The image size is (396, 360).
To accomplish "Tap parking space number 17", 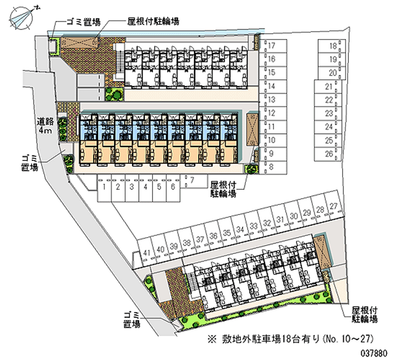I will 271,46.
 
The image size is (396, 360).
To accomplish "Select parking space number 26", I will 328,154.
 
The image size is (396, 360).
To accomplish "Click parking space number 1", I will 105,187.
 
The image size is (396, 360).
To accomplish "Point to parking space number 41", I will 146,253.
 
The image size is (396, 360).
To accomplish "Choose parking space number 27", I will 334,206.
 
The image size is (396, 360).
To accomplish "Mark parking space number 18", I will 333,47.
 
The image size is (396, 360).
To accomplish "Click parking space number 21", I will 328,87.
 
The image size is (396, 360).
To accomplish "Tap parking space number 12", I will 271,113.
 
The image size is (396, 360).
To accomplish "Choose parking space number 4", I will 145,187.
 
